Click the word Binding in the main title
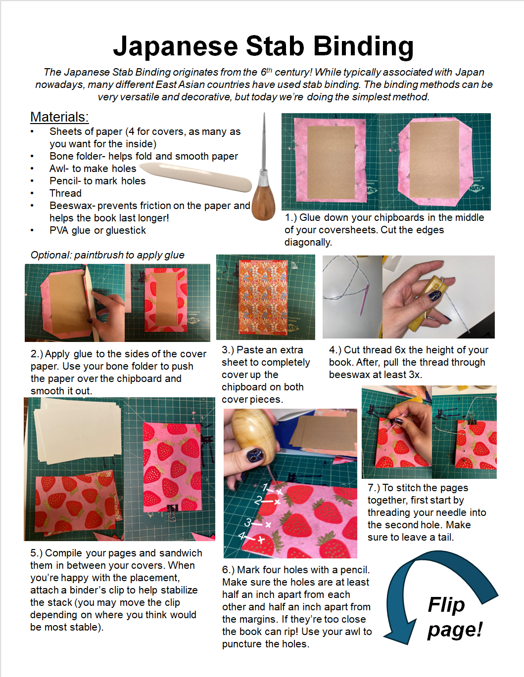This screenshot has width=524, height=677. click(x=363, y=47)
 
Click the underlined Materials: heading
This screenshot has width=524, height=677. click(x=59, y=117)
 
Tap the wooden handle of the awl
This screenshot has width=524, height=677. click(x=263, y=202)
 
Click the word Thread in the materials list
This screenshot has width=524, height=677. click(x=65, y=193)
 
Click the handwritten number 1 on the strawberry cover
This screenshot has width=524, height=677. click(x=265, y=487)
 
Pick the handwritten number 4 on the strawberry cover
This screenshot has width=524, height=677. click(x=242, y=536)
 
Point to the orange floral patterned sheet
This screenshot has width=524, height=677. click(x=263, y=296)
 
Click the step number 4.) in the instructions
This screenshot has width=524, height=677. click(x=335, y=350)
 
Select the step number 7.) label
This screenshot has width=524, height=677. click(x=374, y=488)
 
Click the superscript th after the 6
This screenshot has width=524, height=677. click(x=269, y=70)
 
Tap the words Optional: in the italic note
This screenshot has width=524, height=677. click(x=51, y=255)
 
